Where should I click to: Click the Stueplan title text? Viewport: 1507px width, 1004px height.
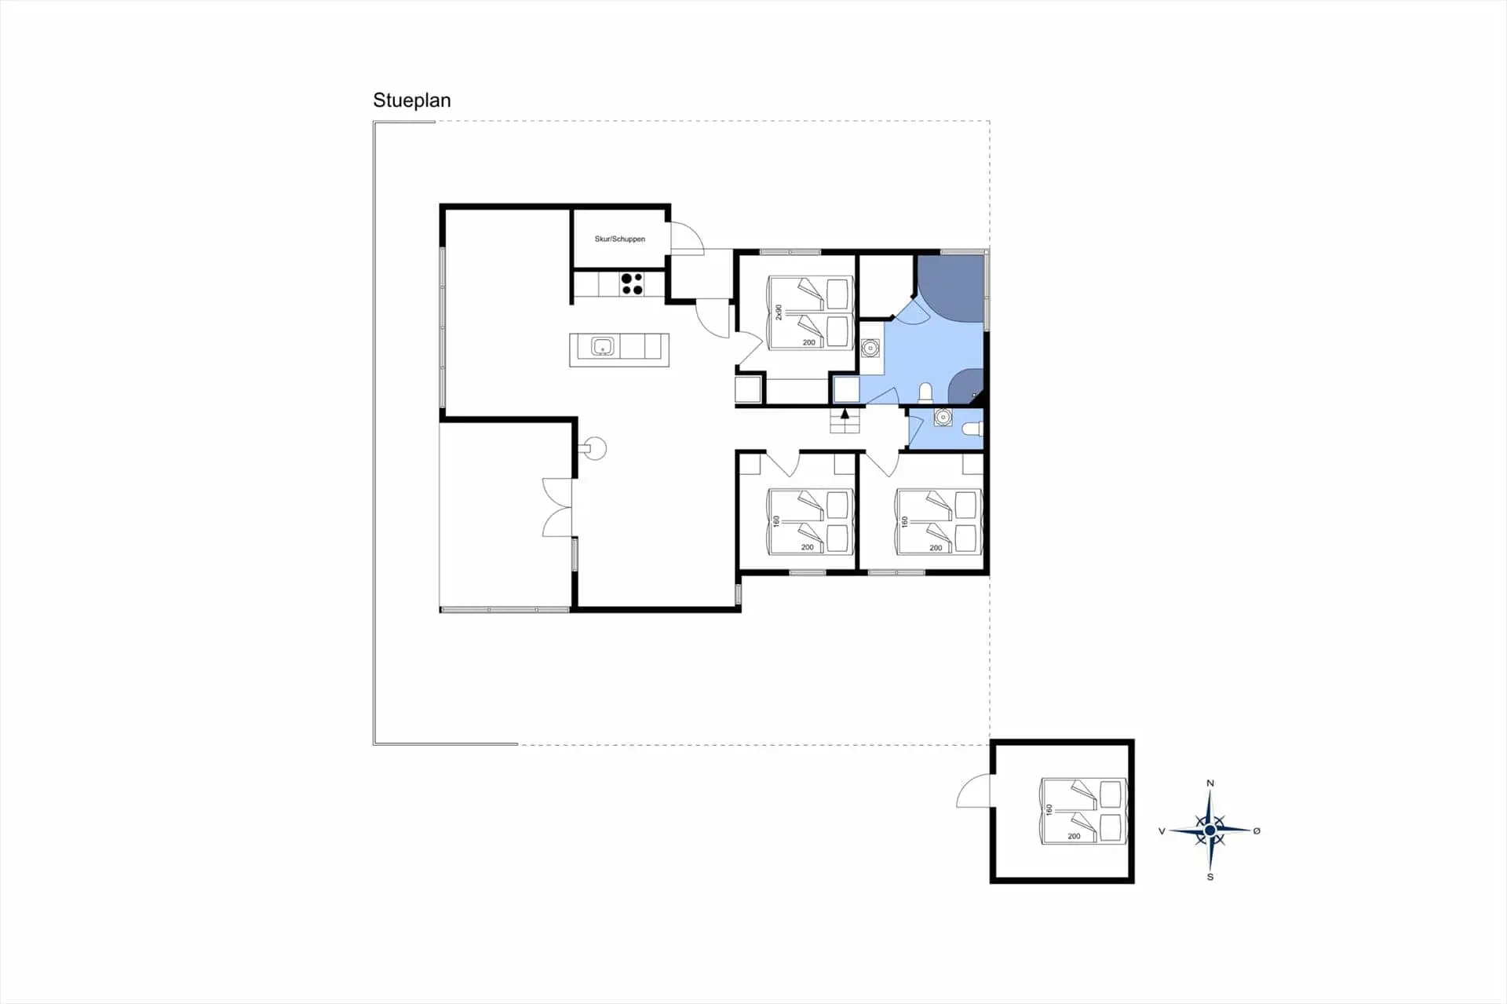pyautogui.click(x=411, y=100)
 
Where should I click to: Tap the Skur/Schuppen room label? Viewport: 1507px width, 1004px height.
pyautogui.click(x=620, y=239)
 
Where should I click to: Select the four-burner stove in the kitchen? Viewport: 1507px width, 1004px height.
pyautogui.click(x=632, y=283)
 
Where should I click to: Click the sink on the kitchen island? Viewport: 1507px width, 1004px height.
pyautogui.click(x=603, y=346)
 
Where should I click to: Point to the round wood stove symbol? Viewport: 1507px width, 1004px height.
pyautogui.click(x=595, y=448)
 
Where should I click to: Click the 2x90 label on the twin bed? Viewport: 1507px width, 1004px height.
pyautogui.click(x=779, y=312)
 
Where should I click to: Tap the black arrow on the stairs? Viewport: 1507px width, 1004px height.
pyautogui.click(x=845, y=413)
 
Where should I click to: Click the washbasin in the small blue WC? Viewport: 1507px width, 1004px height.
pyautogui.click(x=943, y=418)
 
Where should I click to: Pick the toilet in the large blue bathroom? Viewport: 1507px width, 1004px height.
pyautogui.click(x=926, y=391)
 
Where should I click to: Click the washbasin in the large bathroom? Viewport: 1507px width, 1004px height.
pyautogui.click(x=870, y=348)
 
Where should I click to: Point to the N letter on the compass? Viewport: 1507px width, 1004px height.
pyautogui.click(x=1210, y=783)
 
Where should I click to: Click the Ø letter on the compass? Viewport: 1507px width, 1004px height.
pyautogui.click(x=1257, y=831)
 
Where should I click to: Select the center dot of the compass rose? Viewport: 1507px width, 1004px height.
pyautogui.click(x=1210, y=830)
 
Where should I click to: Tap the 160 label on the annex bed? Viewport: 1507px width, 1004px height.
pyautogui.click(x=1049, y=809)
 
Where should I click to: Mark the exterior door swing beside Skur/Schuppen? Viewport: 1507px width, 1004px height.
pyautogui.click(x=687, y=238)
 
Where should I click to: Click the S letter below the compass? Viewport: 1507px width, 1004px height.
pyautogui.click(x=1210, y=877)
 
